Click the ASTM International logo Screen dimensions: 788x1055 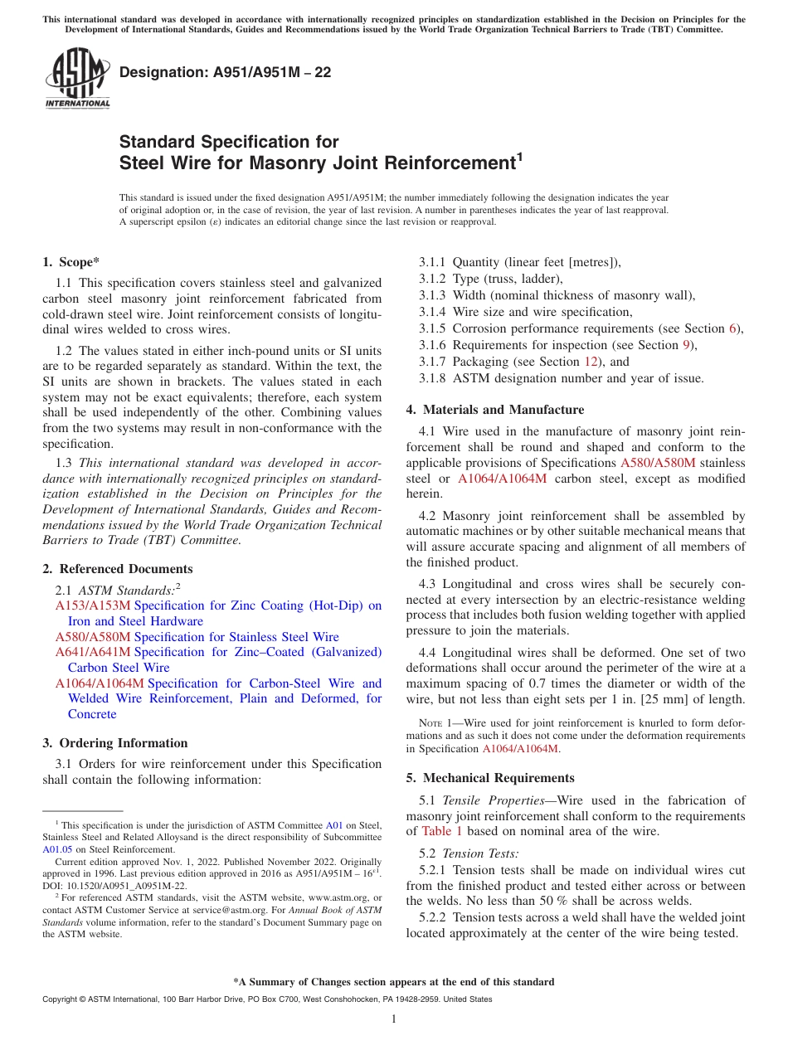76,78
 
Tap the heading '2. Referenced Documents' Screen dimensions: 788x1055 118,569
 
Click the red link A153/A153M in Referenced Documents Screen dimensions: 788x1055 93,606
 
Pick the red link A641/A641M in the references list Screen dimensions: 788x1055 93,653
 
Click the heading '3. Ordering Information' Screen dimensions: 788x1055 115,743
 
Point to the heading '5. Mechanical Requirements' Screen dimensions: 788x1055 490,778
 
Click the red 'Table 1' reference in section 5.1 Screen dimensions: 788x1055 442,831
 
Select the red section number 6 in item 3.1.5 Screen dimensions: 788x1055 732,328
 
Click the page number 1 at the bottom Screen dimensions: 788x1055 394,1019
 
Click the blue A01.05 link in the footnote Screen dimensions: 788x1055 56,849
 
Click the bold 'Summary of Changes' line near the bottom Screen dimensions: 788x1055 393,982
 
